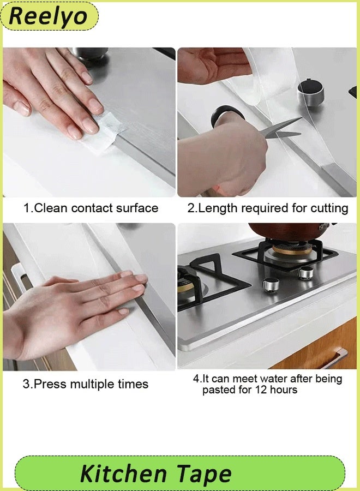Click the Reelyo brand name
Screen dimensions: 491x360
(x=48, y=16)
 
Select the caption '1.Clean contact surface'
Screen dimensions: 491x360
(x=91, y=208)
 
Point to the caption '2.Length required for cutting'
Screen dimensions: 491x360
(x=268, y=208)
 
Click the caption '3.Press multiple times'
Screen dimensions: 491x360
(x=85, y=384)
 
